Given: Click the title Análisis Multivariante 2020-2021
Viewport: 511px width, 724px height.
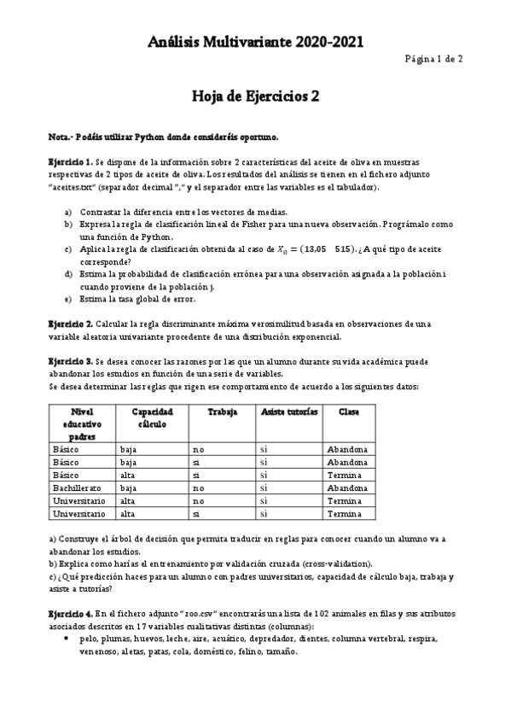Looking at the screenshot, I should tap(255, 41).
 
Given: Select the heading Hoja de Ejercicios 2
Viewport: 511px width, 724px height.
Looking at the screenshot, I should tap(255, 96).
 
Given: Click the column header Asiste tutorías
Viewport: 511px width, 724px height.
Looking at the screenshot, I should tap(288, 412).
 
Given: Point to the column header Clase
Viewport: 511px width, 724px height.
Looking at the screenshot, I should tap(348, 412).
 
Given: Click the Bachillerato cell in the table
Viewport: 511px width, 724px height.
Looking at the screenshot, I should tap(78, 488).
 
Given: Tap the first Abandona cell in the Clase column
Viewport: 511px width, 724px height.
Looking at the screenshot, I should tap(347, 449).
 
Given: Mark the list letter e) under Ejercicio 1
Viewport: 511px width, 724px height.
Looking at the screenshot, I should tap(68, 299).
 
